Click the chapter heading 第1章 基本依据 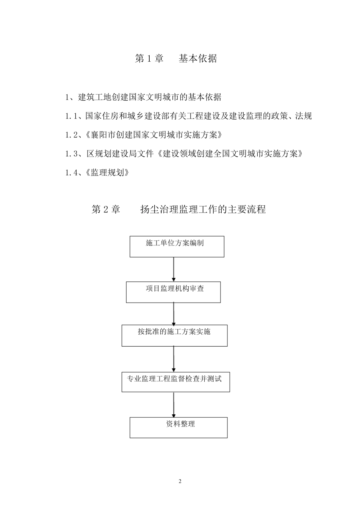176,58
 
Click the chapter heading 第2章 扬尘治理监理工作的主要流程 178,209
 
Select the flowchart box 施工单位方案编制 177,247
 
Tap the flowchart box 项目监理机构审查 173,292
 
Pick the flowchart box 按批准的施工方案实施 174,336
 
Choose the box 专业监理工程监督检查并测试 175,382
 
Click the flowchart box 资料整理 178,428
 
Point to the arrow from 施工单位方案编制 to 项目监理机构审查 174,269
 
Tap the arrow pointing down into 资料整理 174,405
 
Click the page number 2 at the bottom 180,481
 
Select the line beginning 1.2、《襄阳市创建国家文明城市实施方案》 144,135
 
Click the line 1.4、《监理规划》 97,173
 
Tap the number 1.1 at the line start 70,116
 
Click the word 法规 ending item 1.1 304,116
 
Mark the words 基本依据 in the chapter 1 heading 198,58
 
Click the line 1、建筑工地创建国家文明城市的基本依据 143,97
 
